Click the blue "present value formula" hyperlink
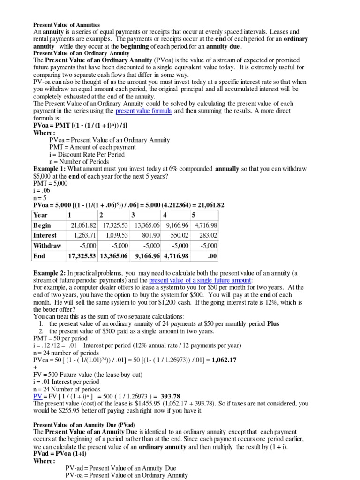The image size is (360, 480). click(143, 111)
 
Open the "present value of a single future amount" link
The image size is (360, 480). click(200, 280)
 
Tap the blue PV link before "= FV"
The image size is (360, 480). click(38, 396)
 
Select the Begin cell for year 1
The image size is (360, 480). click(82, 225)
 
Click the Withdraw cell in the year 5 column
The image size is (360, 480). click(206, 246)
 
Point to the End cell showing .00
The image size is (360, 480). click(206, 256)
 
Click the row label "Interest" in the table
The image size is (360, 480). click(45, 235)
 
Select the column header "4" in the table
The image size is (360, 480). click(165, 215)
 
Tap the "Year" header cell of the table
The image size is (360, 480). click(41, 215)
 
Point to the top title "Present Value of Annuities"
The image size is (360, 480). click(66, 24)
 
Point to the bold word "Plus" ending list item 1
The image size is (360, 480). click(273, 323)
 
